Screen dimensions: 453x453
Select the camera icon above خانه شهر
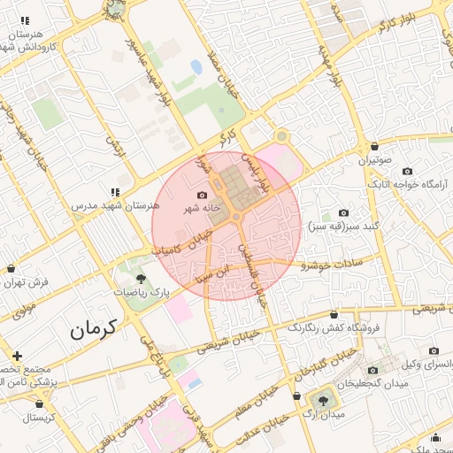click(x=203, y=195)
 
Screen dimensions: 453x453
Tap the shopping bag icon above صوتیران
click(x=375, y=147)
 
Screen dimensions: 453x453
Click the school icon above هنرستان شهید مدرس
click(x=115, y=191)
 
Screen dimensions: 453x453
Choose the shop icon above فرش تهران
click(x=11, y=268)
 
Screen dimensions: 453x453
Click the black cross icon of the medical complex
click(x=17, y=356)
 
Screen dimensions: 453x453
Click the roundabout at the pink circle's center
click(x=236, y=217)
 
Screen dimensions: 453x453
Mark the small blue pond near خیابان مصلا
click(x=196, y=66)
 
